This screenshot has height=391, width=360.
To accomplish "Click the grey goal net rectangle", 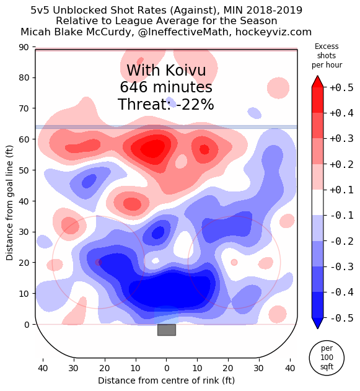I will click(x=166, y=330).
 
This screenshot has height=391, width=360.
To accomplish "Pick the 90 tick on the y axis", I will click(x=25, y=47).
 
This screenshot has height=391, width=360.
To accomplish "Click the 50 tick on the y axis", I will click(x=25, y=170).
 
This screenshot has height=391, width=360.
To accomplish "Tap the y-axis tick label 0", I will click(x=27, y=324).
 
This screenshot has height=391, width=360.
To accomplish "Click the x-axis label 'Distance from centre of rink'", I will click(x=166, y=380).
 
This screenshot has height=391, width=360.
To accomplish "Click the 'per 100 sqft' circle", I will click(x=327, y=357).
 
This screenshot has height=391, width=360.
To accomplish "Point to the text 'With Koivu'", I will click(x=166, y=71).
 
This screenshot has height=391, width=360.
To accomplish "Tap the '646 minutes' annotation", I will click(x=166, y=87).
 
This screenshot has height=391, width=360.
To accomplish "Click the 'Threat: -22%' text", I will click(x=166, y=105).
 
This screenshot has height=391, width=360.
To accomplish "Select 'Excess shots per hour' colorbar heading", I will click(x=327, y=56).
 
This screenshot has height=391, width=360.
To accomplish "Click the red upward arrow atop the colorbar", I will click(x=317, y=82).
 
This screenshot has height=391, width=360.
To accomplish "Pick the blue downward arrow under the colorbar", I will click(x=317, y=323).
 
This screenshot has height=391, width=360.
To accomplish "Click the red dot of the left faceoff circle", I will click(x=99, y=262).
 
